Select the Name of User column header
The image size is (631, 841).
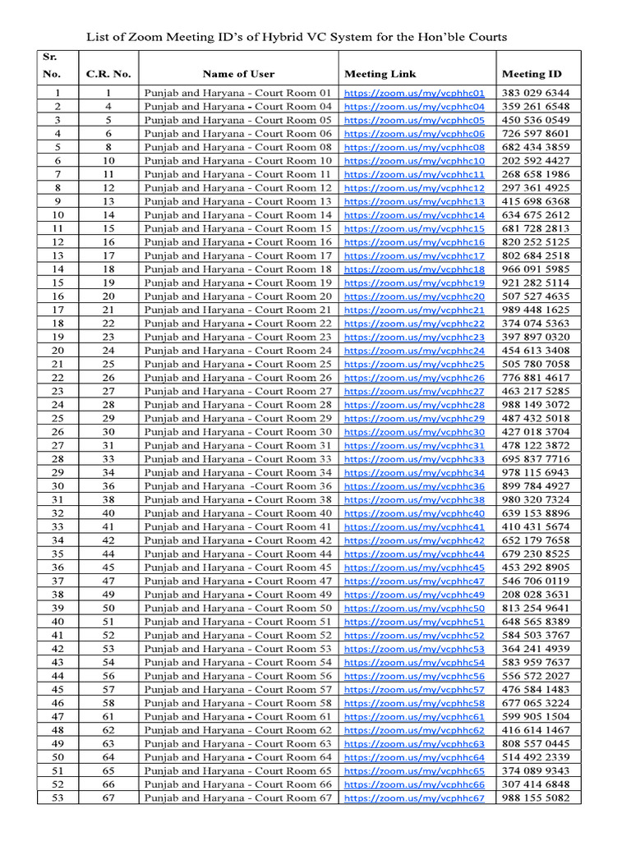238,74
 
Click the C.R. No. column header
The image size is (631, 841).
108,74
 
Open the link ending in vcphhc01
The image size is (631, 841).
414,94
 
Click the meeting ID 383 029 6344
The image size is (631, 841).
535,93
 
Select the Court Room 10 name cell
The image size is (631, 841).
238,161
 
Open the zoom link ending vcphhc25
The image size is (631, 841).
414,365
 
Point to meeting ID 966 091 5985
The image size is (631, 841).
535,269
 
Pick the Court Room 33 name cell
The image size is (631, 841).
238,459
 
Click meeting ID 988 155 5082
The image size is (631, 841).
535,797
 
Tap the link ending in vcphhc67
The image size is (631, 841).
414,798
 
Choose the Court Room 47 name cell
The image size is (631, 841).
238,581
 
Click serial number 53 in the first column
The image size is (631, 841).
58,797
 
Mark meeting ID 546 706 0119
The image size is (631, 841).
535,581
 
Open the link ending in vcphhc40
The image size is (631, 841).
414,514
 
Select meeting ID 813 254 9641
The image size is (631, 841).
535,608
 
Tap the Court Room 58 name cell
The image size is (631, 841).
238,703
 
